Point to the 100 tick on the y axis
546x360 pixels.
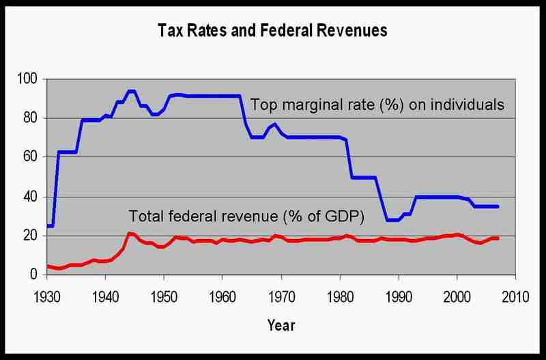click(x=29, y=79)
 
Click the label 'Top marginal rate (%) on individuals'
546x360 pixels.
click(x=377, y=105)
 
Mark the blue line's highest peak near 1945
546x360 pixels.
click(x=131, y=91)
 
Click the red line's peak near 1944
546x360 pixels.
click(x=129, y=234)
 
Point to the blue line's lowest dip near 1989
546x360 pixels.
click(x=392, y=220)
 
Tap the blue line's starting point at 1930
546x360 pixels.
click(x=47, y=225)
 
